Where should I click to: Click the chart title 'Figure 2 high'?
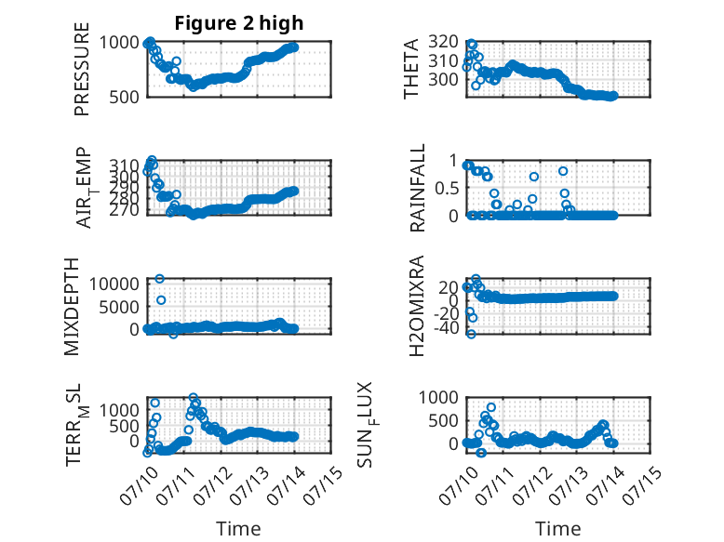pos(239,23)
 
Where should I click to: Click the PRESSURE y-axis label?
pos(81,69)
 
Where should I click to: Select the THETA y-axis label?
pos(410,69)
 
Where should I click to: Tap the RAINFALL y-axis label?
pos(417,188)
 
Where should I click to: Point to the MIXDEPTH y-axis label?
pos(72,307)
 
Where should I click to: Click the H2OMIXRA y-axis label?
pos(417,306)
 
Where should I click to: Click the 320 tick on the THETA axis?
pos(443,42)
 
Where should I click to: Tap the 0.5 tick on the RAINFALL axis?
pos(447,188)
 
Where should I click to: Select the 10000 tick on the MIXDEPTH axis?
pos(114,284)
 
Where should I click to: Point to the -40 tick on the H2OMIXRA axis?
pos(446,328)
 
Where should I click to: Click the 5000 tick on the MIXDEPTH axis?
pos(119,306)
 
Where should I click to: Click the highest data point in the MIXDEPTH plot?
pos(160,279)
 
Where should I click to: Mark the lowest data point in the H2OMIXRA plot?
pos(471,334)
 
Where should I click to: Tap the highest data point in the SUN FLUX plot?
pos(491,407)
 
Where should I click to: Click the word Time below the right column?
pos(557,529)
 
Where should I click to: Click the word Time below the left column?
pos(238,529)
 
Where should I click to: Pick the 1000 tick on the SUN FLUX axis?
pos(438,397)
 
